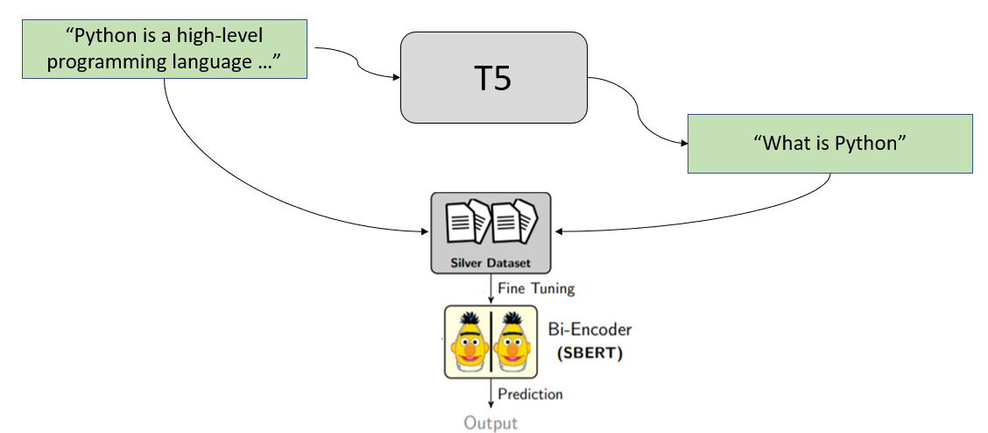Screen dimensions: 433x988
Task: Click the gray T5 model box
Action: (493, 77)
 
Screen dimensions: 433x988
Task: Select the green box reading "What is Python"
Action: (829, 143)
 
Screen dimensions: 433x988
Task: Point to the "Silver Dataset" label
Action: (490, 263)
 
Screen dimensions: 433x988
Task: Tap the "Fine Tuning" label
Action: (536, 287)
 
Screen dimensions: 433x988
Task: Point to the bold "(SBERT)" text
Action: (589, 354)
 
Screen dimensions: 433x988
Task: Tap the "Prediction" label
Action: (530, 394)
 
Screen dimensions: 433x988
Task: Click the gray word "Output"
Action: (490, 423)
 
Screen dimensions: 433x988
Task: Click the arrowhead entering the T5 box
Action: (395, 77)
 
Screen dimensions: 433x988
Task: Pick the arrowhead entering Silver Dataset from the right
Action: (557, 231)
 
